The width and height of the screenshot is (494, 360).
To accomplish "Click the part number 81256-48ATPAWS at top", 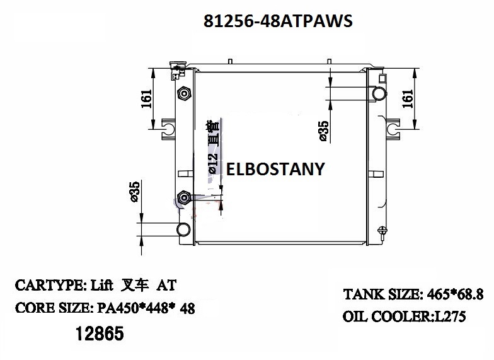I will click(x=279, y=21).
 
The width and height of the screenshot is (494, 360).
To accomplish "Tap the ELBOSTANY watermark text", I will click(x=275, y=169).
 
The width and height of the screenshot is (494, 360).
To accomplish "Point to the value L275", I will click(x=448, y=317).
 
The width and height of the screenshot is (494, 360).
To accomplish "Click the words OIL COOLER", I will click(x=384, y=317).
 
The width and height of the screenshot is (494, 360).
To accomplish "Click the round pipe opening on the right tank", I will click(x=379, y=94).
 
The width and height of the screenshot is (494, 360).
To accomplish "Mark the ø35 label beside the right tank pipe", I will click(x=323, y=130).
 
